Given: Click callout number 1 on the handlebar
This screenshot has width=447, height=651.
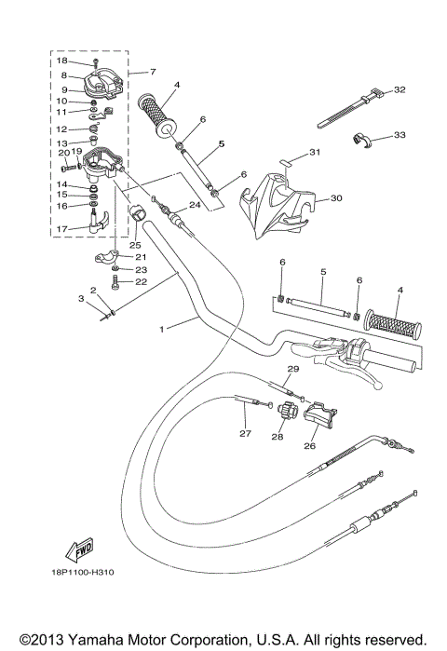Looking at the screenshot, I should (164, 329).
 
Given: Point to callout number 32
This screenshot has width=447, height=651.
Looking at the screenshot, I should (400, 90).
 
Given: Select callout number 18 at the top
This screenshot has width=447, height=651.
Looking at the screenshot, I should (61, 60).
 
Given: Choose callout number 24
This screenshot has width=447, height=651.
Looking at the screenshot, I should (195, 205).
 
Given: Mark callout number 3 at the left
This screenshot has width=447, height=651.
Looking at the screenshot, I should (82, 298).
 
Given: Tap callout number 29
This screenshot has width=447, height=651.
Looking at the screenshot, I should (291, 370).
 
